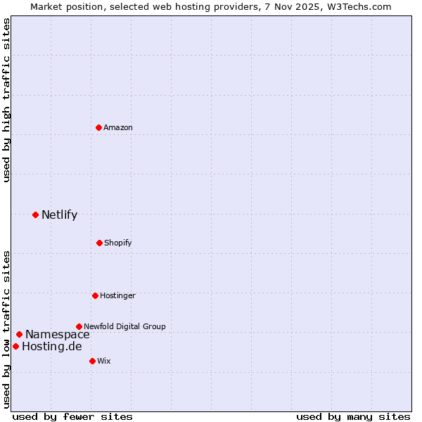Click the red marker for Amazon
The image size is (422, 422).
coord(99,127)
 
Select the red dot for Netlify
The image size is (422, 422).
coord(35,215)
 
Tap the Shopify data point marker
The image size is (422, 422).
coord(99,243)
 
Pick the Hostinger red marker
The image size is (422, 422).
coord(95,295)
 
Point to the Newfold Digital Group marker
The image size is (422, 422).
coord(79,326)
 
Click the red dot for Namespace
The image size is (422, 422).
coord(19,334)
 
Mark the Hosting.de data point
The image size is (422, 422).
coord(15,346)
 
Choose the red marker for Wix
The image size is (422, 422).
coord(92,361)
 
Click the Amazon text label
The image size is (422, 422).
coord(118,127)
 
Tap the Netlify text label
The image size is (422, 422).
coord(59,215)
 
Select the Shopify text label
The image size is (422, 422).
coord(118,243)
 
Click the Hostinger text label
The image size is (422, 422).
coord(117,295)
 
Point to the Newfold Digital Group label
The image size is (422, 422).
coord(124,326)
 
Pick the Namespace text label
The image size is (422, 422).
coord(57,335)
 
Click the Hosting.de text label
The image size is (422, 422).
coord(51,347)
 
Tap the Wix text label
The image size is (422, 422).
coord(104,361)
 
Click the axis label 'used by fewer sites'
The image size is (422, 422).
coord(72,416)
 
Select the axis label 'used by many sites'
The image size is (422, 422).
coord(353,416)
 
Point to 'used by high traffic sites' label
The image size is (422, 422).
coord(6,100)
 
